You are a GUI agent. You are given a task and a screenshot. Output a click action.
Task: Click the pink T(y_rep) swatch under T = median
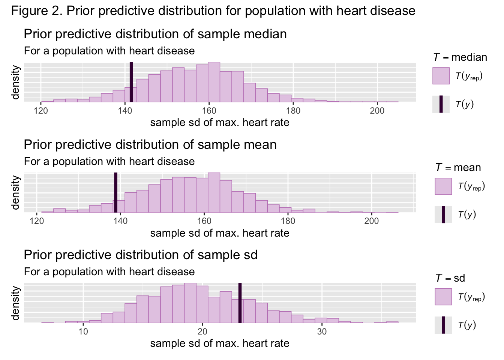441,76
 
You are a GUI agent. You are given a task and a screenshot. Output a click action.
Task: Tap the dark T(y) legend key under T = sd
443,325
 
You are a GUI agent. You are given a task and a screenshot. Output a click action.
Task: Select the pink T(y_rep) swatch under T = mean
443,186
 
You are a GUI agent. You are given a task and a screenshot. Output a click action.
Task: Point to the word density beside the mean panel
15,192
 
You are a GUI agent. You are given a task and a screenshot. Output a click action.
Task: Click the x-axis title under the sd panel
220,343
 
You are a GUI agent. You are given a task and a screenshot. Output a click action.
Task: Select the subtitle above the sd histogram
109,271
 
